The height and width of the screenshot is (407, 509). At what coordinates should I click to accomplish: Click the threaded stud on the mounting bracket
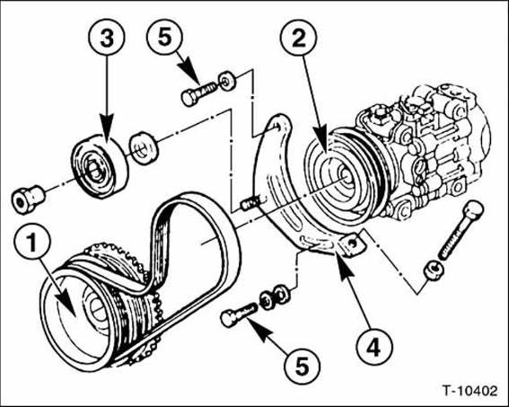point(250,203)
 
